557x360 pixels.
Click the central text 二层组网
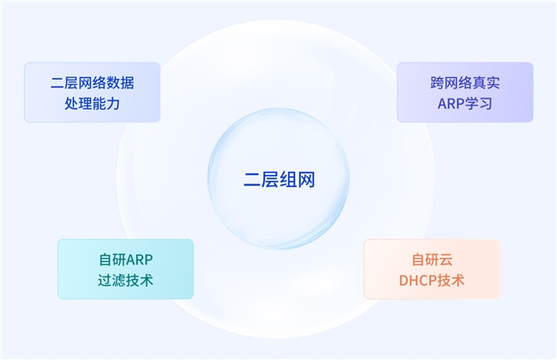tap(278, 181)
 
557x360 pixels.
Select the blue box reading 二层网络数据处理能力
tap(92, 92)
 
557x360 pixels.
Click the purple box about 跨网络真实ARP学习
tap(464, 92)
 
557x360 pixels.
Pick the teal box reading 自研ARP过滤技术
tap(126, 269)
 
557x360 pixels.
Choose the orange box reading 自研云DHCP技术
tap(432, 269)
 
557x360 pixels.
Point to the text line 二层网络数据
tap(92, 83)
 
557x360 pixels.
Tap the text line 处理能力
tap(92, 103)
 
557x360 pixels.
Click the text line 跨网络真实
tap(464, 83)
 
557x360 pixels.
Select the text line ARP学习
tap(464, 103)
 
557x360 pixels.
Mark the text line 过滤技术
tap(126, 279)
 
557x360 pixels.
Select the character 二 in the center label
tap(250, 181)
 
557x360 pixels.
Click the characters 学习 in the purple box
tap(478, 103)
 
